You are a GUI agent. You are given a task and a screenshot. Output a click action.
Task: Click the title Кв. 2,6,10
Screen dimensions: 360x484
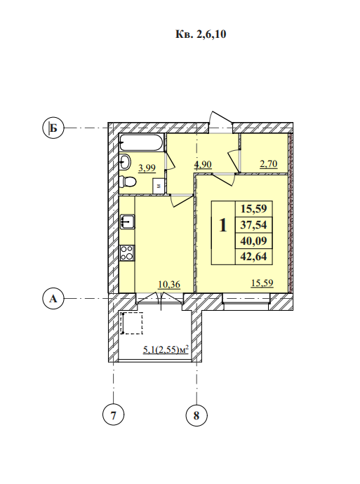(201, 34)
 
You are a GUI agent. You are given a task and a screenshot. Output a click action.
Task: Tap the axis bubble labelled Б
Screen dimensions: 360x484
(53, 128)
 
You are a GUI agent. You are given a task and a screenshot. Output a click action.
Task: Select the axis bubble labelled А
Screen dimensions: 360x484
(53, 299)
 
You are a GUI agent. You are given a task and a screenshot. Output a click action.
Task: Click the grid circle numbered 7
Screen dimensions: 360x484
(113, 415)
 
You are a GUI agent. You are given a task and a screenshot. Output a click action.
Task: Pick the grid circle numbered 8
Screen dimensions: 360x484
(196, 415)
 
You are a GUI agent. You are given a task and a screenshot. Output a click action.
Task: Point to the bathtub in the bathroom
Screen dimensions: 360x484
(141, 143)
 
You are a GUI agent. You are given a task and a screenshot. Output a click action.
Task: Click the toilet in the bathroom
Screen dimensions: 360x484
(128, 181)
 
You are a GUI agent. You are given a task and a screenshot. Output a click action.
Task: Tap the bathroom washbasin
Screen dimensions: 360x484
(126, 161)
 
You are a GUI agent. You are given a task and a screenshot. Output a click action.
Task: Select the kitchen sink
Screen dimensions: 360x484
(127, 222)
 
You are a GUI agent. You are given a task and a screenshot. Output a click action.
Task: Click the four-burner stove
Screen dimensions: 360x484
(127, 253)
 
